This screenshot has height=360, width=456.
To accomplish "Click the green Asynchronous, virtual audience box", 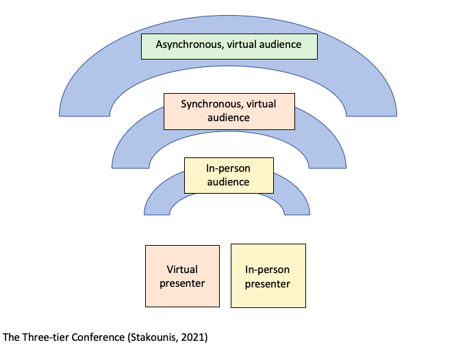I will [x=229, y=45].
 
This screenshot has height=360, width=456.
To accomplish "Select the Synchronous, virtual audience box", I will [x=229, y=111].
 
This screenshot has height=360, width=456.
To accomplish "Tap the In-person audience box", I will [x=229, y=175].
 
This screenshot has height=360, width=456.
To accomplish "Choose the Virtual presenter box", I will [x=182, y=276].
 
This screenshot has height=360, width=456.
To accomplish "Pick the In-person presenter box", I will [x=268, y=276].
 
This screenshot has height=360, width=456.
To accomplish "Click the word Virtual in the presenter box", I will [x=182, y=270].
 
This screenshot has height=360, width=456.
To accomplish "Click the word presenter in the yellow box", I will [x=268, y=284].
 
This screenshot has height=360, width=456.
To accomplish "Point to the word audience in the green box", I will [x=275, y=45].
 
